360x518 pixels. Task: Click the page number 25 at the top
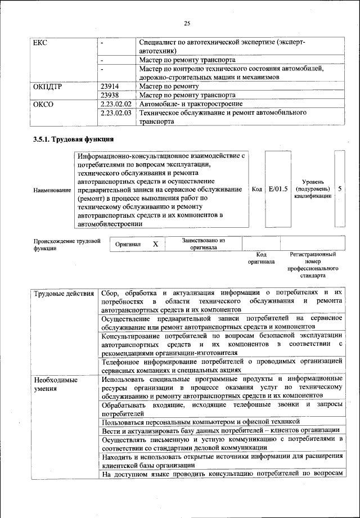click(187, 23)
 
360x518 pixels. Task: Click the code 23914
click(110, 86)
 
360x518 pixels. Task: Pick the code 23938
click(110, 95)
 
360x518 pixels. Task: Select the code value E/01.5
click(278, 189)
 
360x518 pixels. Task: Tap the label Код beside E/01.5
click(257, 190)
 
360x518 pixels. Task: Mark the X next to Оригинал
click(155, 244)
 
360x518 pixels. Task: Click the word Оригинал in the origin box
click(128, 245)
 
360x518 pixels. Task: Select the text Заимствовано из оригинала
click(203, 244)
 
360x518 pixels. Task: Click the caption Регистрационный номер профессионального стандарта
click(313, 265)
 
